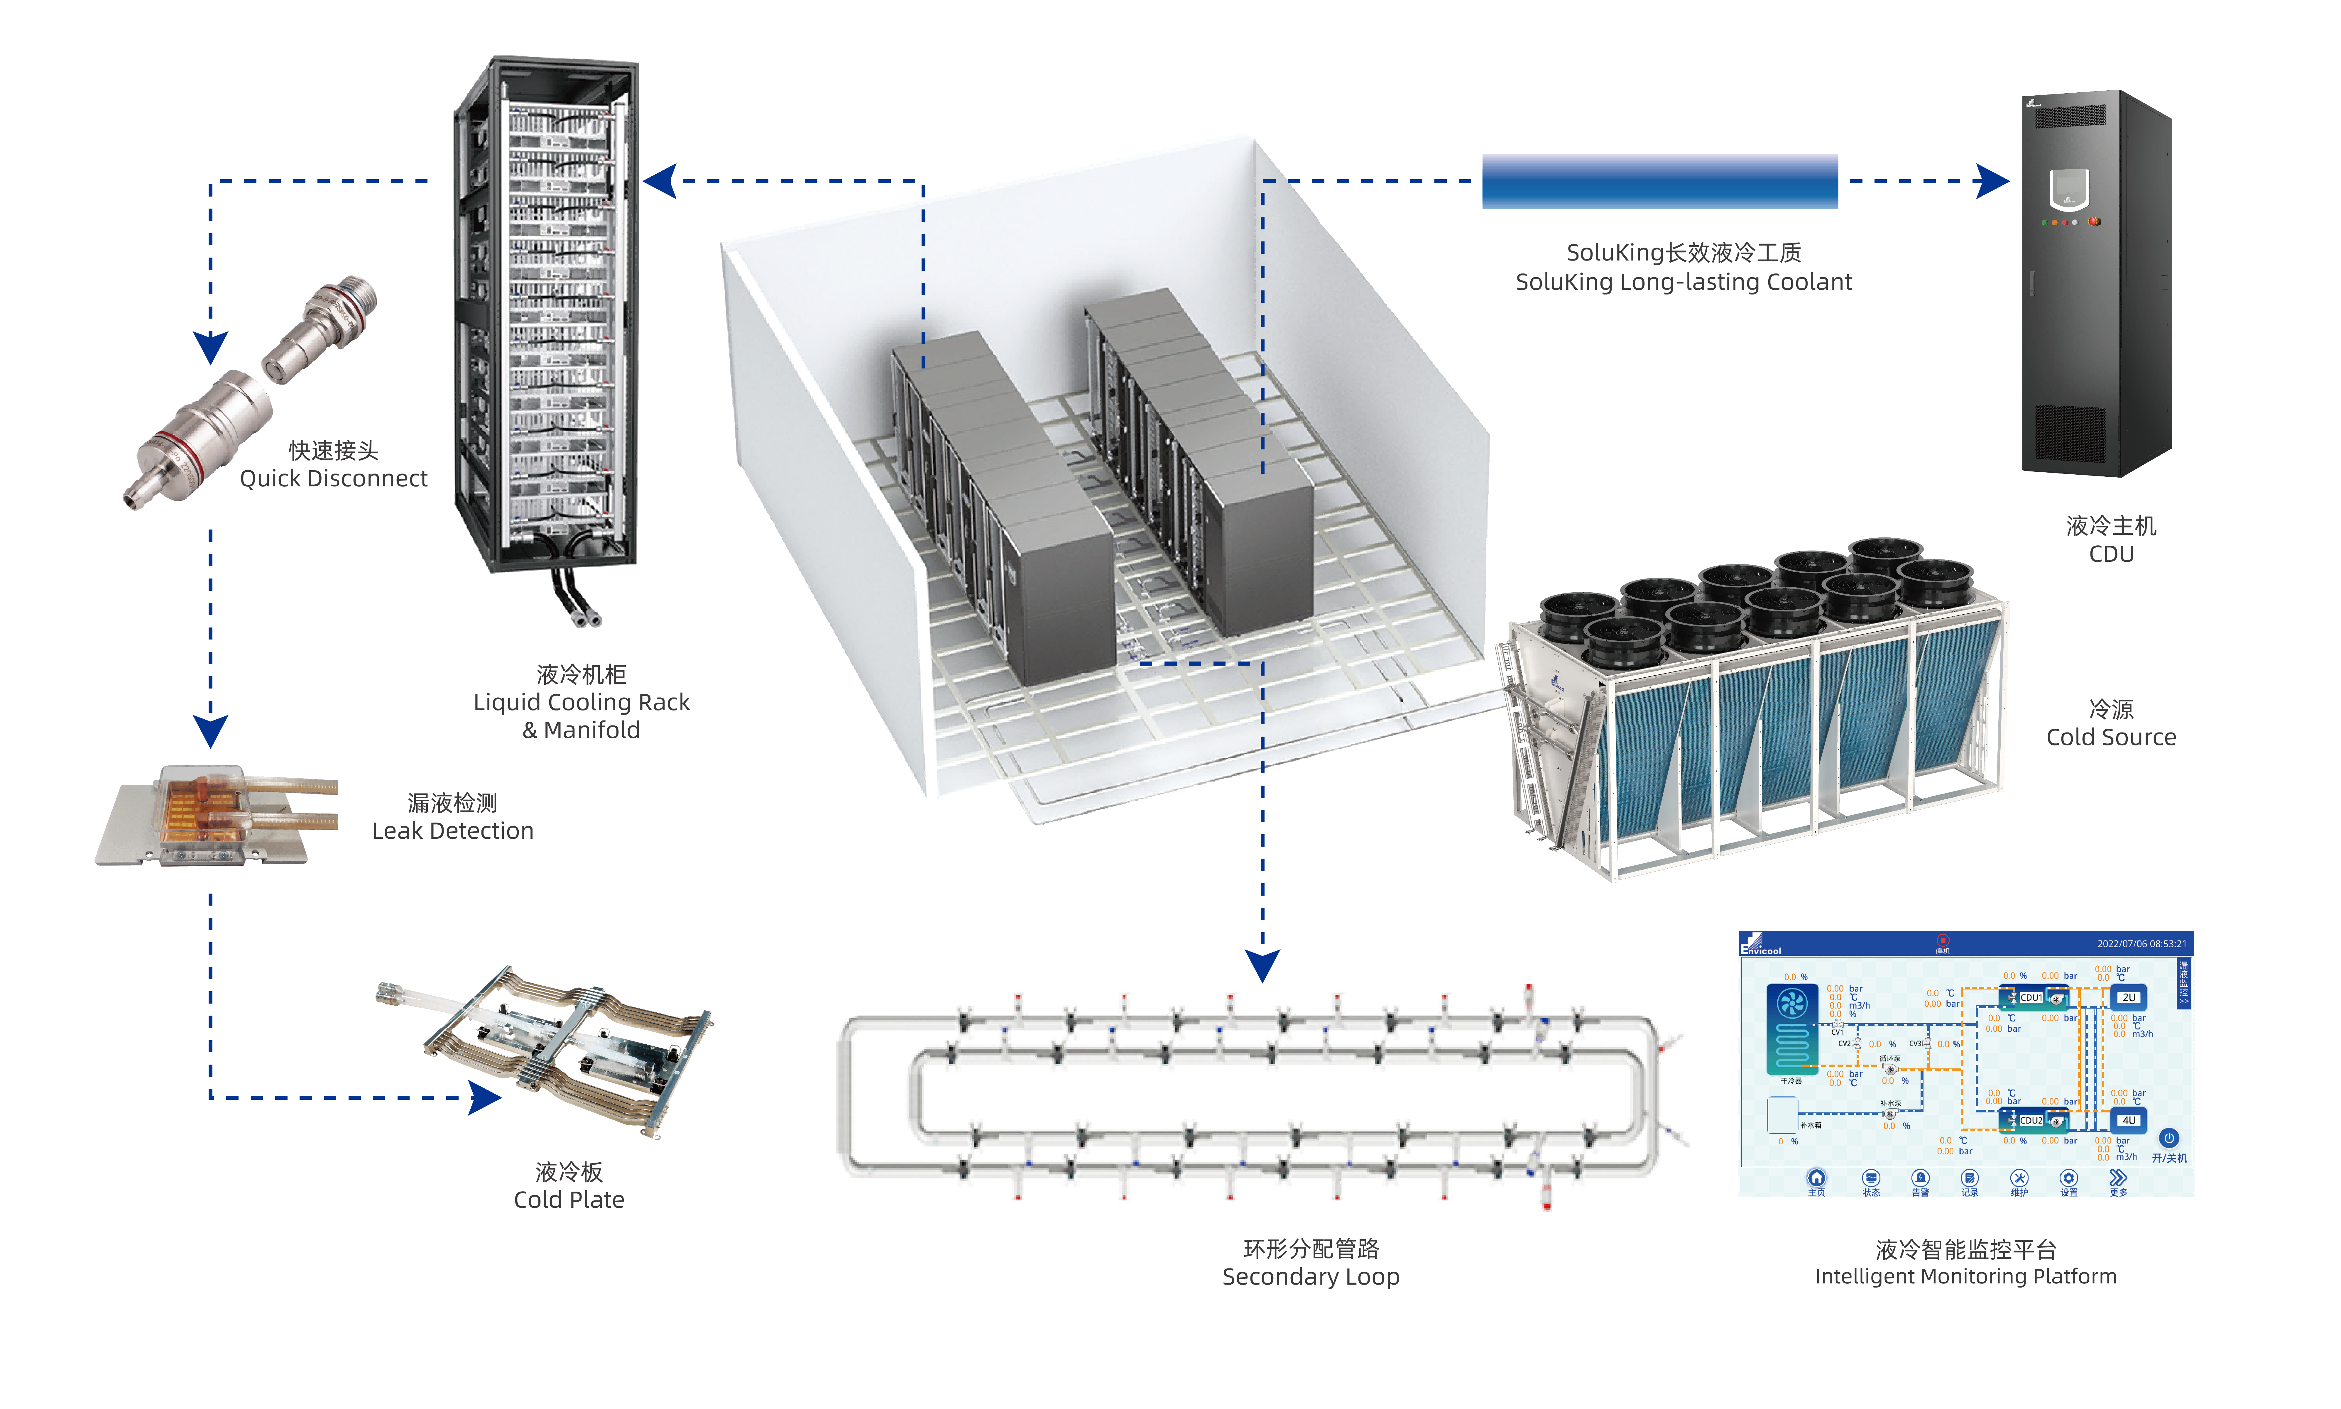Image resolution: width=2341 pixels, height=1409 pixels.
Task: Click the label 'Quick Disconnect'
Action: [333, 478]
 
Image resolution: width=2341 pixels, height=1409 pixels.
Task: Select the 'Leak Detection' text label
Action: [453, 831]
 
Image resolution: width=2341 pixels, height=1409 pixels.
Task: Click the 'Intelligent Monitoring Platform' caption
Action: [1965, 1276]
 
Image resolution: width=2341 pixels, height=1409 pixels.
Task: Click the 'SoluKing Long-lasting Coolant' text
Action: [1683, 282]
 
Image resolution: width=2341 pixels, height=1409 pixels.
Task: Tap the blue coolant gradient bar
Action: [1659, 181]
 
